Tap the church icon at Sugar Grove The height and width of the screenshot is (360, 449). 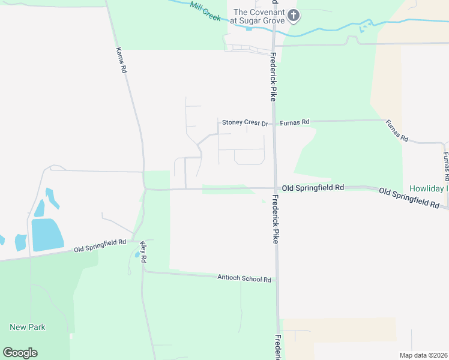[293, 15]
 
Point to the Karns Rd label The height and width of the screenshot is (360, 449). [121, 61]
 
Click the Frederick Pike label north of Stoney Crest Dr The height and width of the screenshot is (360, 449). [273, 70]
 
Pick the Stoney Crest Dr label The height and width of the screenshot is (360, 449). [245, 122]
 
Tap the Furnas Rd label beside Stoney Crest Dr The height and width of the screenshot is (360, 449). [295, 122]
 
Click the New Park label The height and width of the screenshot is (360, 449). [28, 327]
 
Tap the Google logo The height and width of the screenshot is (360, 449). [20, 353]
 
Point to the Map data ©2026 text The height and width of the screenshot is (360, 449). [423, 355]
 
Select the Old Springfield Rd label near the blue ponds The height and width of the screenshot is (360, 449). [100, 245]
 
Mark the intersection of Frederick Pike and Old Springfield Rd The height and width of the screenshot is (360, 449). [275, 188]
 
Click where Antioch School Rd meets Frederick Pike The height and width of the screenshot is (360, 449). [277, 281]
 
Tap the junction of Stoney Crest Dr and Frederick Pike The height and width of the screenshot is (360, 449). [274, 121]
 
